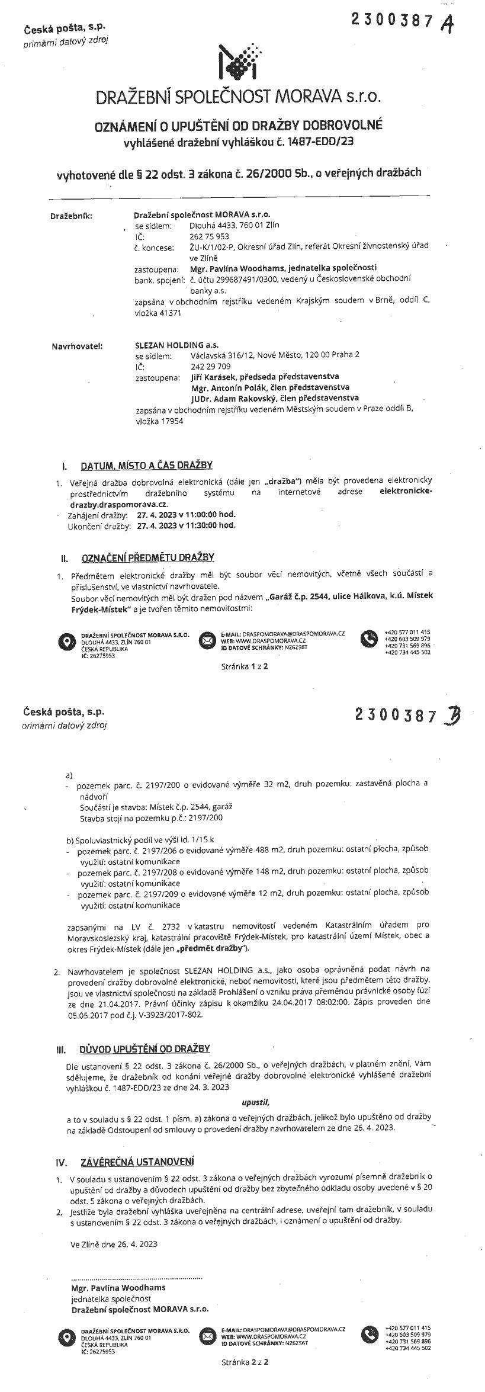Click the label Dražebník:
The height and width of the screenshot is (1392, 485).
(x=71, y=216)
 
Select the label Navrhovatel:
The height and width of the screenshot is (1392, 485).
(x=77, y=345)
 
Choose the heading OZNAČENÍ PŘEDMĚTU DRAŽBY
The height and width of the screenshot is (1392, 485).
(x=147, y=557)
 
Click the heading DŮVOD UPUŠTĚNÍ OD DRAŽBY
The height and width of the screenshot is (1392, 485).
(x=145, y=1048)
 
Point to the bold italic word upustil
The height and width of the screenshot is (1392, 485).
(x=255, y=1103)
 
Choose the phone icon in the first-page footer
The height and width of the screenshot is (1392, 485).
(x=370, y=639)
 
